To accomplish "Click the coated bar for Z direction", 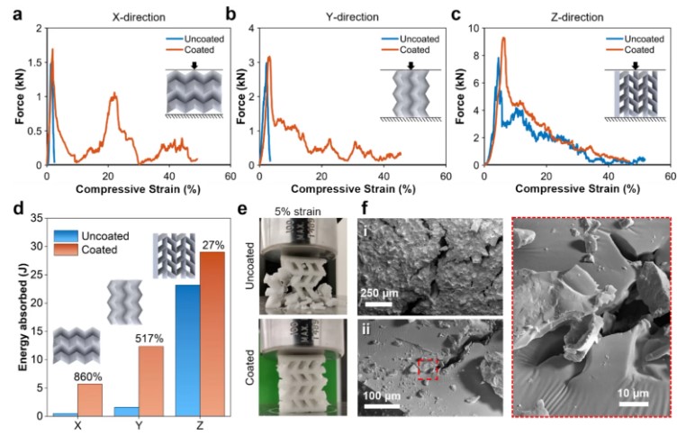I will [x=212, y=333].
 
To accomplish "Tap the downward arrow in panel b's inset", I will [x=411, y=65].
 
